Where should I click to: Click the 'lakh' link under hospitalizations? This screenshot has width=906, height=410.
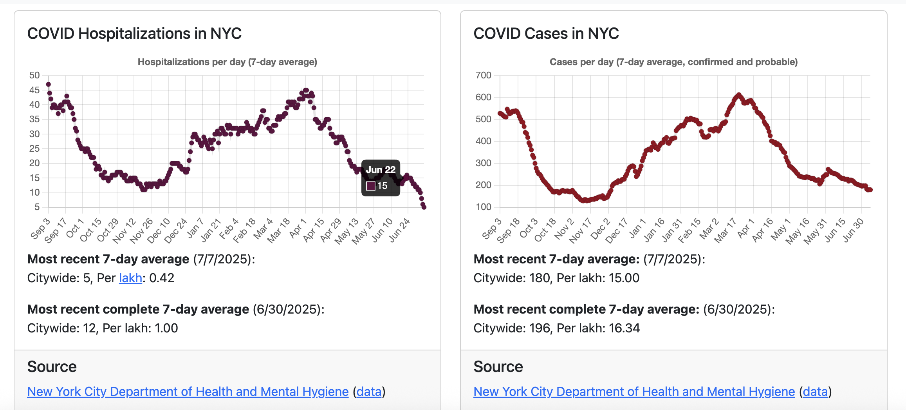pos(130,278)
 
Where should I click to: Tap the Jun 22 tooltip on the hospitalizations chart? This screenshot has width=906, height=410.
pos(381,178)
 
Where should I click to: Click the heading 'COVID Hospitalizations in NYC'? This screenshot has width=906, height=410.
pos(134,34)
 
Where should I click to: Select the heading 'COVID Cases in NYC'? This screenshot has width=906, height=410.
pos(546,34)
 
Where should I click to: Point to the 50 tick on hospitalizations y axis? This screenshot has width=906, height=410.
pos(34,75)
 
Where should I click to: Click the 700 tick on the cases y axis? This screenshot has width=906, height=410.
pos(483,75)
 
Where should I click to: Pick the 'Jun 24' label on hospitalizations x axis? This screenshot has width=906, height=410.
pos(400,230)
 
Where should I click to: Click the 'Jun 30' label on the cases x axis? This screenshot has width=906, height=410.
pos(854,230)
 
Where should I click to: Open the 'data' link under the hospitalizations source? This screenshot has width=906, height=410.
pos(369,392)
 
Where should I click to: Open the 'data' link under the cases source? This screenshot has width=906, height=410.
pos(815,392)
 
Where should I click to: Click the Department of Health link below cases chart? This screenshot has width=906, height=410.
pos(634,392)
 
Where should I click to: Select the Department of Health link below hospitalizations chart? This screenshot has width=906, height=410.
pos(188,392)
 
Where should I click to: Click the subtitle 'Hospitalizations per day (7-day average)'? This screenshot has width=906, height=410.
pos(227,62)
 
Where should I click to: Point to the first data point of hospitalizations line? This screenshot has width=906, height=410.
pos(48,84)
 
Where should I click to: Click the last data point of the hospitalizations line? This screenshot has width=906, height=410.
pos(424,207)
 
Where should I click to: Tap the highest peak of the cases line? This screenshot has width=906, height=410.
pos(739,95)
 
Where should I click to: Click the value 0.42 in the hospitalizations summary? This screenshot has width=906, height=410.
pos(162,278)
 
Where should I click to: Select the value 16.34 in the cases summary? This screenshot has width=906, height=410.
pos(624,328)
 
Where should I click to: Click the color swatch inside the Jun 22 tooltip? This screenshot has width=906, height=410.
pos(370,186)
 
